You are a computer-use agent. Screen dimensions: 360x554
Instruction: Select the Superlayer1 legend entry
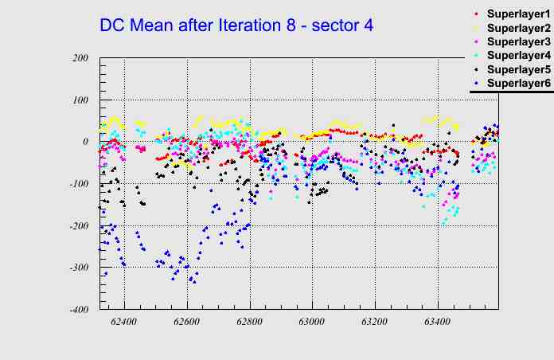point(517,15)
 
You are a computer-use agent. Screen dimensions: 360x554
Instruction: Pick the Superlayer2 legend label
point(517,29)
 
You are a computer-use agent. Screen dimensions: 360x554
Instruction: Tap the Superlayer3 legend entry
point(517,41)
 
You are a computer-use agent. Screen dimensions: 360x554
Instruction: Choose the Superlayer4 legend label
point(517,55)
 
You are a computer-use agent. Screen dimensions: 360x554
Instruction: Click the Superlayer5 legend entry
point(517,69)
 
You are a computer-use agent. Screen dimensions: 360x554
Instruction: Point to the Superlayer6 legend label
point(517,83)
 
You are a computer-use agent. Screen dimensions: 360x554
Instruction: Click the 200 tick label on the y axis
point(80,58)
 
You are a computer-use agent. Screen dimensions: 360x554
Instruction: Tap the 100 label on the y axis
point(80,100)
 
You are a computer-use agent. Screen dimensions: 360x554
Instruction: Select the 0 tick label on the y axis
point(84,142)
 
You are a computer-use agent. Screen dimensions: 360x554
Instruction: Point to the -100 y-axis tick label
point(77,184)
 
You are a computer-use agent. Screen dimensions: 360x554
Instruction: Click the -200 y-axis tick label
point(77,226)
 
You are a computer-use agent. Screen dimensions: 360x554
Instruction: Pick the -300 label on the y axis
point(77,268)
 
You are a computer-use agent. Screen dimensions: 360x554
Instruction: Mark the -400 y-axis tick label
point(77,310)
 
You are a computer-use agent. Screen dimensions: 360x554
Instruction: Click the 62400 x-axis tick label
point(124,323)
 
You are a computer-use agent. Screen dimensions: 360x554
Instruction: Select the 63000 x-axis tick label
point(312,323)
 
